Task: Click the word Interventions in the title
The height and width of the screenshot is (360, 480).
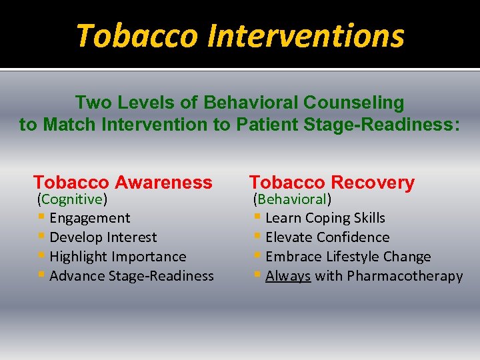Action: tap(306, 36)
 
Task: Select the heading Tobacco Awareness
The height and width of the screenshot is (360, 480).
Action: tap(123, 182)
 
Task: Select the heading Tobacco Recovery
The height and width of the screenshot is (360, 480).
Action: tap(332, 182)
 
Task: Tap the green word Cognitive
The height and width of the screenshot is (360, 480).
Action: tap(72, 199)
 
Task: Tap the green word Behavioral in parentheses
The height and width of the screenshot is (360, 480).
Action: tap(292, 199)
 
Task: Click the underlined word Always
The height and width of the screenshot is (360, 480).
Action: tap(288, 276)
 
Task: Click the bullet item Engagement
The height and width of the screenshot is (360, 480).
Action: tap(90, 218)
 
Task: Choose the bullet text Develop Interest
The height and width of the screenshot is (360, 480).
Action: tap(103, 237)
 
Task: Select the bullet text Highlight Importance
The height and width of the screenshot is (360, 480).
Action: tap(118, 257)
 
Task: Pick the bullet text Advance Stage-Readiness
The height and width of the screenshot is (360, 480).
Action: tap(132, 276)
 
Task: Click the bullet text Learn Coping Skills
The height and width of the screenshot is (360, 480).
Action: tap(325, 218)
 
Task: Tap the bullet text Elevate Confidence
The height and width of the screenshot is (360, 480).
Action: tap(327, 237)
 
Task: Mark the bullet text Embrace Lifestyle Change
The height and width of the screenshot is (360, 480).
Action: tap(348, 257)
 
